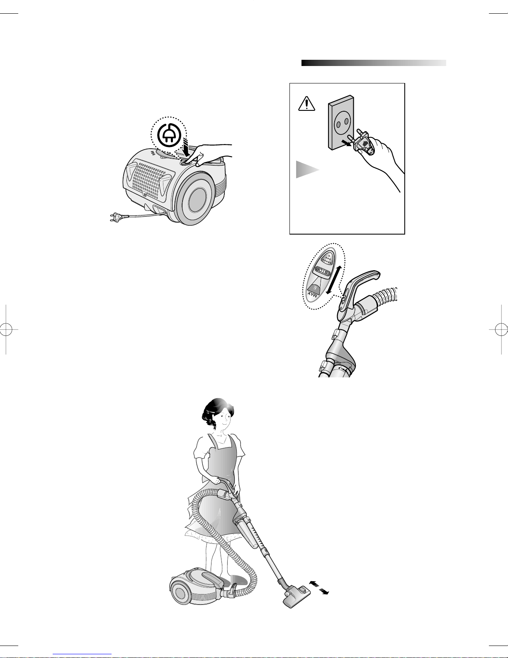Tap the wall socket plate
point(341,122)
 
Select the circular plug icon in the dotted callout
point(169,135)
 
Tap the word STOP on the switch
point(321,270)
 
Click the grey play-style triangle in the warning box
point(307,169)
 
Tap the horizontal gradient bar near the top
point(374,63)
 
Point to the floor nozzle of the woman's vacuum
point(297,597)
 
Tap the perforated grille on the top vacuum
point(149,181)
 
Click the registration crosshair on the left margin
point(6,330)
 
